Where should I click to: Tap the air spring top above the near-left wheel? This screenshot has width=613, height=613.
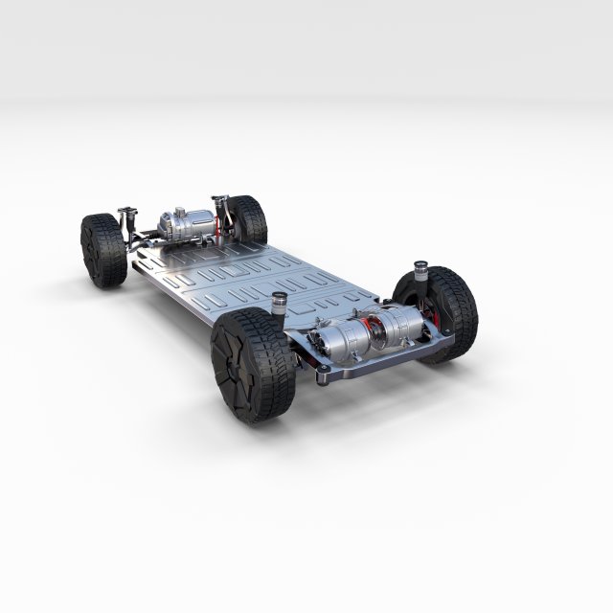280,299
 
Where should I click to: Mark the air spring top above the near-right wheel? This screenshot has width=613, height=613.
420,265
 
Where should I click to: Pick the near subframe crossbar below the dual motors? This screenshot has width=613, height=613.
383,358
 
